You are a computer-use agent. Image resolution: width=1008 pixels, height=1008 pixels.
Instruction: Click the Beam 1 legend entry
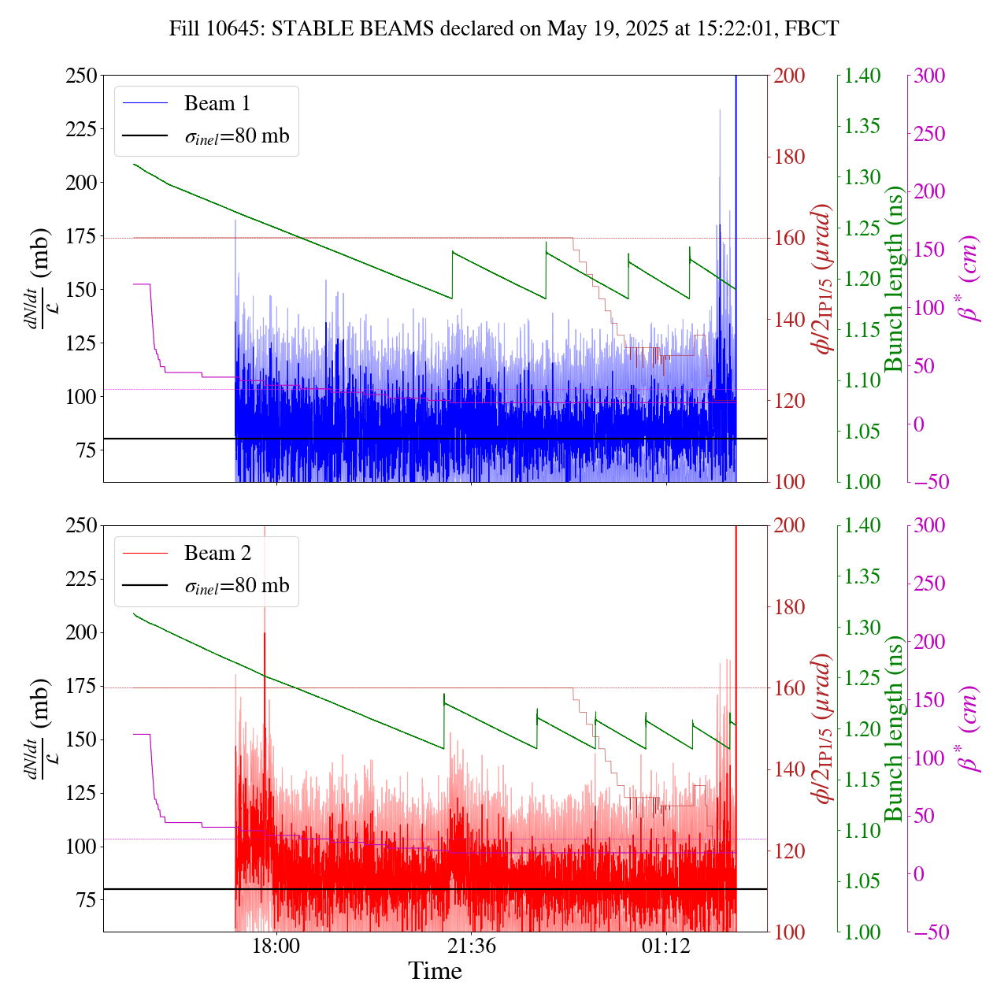pyautogui.click(x=217, y=104)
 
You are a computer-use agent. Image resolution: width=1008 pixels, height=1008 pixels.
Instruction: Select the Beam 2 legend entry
pyautogui.click(x=217, y=554)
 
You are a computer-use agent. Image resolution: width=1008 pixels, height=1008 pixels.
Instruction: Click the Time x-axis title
pyautogui.click(x=435, y=971)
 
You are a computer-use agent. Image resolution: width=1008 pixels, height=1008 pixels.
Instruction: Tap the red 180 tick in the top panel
pyautogui.click(x=790, y=157)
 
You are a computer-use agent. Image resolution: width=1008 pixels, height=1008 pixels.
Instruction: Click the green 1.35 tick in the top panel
pyautogui.click(x=863, y=127)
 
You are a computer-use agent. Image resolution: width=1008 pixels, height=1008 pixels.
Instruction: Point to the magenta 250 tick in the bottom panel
pyautogui.click(x=929, y=584)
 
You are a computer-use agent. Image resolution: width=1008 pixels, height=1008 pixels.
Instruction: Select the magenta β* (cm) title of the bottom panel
pyautogui.click(x=969, y=728)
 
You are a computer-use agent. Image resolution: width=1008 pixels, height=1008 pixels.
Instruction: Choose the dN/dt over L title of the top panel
pyautogui.click(x=36, y=279)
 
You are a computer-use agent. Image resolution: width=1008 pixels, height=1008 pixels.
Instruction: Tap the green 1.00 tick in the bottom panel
pyautogui.click(x=863, y=932)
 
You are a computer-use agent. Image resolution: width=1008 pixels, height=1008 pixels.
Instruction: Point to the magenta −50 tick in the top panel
pyautogui.click(x=929, y=482)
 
